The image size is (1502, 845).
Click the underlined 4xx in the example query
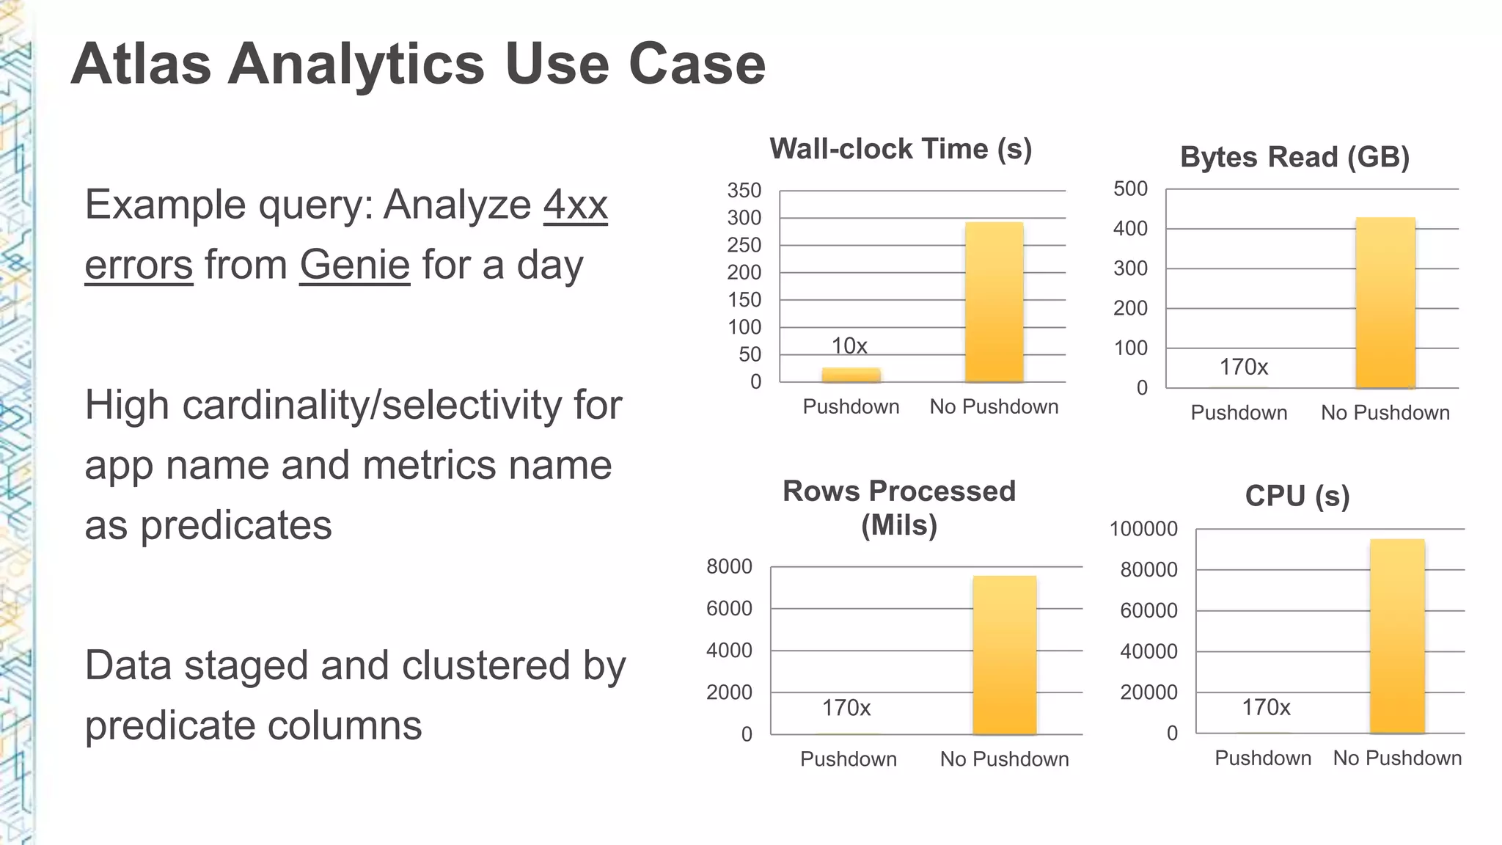[x=575, y=205]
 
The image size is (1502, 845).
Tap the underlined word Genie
[x=354, y=265]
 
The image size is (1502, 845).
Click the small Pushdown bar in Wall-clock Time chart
[x=851, y=375]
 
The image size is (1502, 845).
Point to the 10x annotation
[x=849, y=345]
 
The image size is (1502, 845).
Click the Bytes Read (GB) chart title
[x=1294, y=157]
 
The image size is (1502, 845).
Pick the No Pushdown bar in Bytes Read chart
[x=1385, y=302]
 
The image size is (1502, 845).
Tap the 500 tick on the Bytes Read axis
[x=1130, y=189]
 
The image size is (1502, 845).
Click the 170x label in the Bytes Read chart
[x=1243, y=367]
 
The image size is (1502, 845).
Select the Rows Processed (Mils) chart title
[x=899, y=508]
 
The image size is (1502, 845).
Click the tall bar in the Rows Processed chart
[x=1004, y=654]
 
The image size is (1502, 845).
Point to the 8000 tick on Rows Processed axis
[x=729, y=566]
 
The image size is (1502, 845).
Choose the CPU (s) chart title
[x=1297, y=496]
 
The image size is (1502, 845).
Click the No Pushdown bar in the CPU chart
[x=1396, y=635]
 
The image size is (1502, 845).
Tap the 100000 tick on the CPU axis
[x=1143, y=529]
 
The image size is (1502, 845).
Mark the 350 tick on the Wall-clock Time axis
[x=744, y=191]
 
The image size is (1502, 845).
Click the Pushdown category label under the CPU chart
[x=1263, y=758]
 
